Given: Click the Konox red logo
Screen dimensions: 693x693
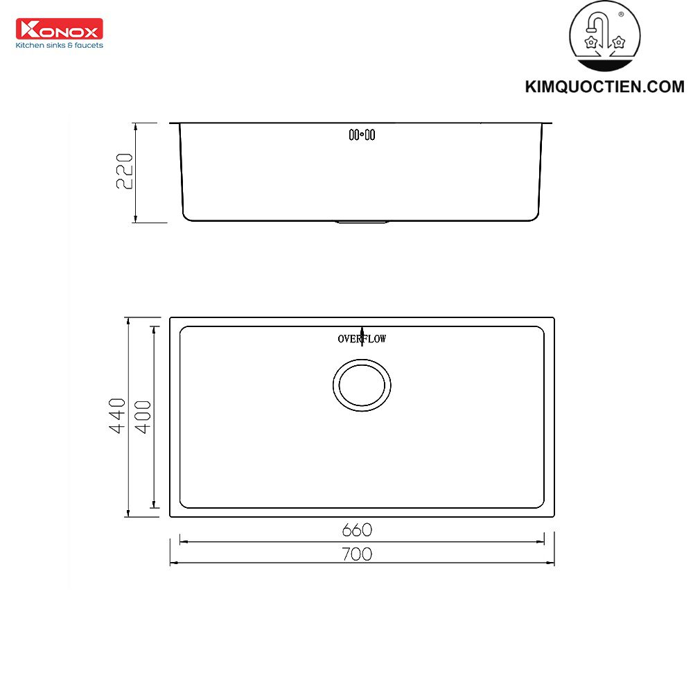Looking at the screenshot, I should point(59,29).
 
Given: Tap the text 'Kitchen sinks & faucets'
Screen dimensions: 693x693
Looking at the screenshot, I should point(60,45).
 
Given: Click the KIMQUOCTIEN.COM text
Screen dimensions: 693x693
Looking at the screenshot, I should point(604,87).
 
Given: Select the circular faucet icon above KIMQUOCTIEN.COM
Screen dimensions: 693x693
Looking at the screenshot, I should point(604,38).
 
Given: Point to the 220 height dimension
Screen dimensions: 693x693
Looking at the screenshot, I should point(123,172).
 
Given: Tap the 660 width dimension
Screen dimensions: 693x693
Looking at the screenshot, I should point(357,530).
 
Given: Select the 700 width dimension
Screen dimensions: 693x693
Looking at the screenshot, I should point(357,554).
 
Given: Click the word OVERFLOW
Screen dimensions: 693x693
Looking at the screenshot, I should point(362,339).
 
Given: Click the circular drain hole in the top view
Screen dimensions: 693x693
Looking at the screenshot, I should point(362,385).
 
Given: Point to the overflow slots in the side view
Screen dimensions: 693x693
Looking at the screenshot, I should point(362,135).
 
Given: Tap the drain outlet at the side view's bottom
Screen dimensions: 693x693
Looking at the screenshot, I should point(362,222).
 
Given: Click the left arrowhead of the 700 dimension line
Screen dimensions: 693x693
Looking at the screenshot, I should point(173,563).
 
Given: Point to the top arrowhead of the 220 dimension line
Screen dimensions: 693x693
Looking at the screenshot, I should point(135,126).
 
